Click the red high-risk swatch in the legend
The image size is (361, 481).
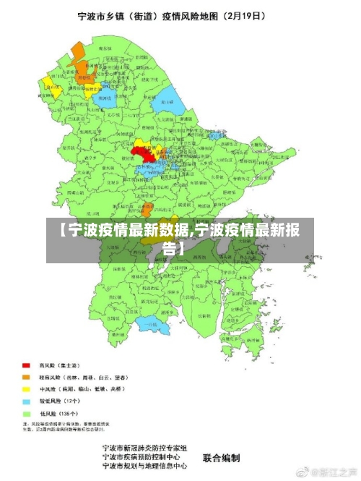[x=27, y=365]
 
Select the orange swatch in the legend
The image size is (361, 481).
[x=27, y=377]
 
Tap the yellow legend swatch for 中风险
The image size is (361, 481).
[x=27, y=388]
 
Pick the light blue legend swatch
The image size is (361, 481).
[x=27, y=400]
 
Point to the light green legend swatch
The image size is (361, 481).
[x=27, y=412]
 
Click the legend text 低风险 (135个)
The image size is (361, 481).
[x=61, y=412]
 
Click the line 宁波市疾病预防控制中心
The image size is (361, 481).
[x=145, y=457]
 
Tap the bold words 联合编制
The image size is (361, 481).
[x=221, y=457]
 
